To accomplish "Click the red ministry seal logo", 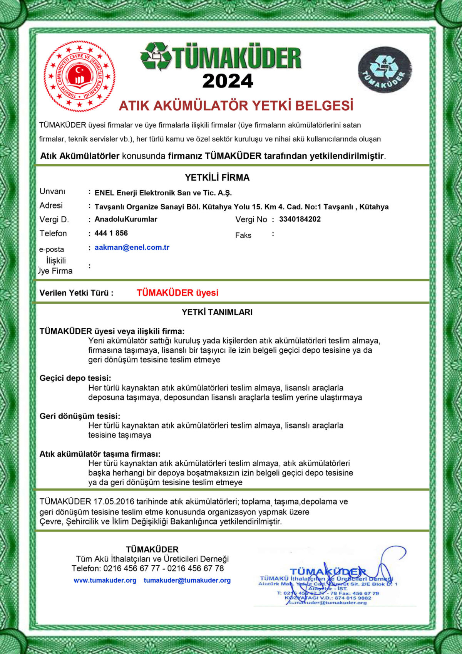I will tap(79, 77).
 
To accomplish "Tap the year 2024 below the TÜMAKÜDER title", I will tap(228, 81).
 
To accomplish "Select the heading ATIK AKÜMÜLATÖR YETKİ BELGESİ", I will tap(236, 106).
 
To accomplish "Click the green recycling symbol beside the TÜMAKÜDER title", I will tap(156, 57).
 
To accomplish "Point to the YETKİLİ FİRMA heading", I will tap(217, 178).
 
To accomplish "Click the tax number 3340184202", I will tap(300, 219).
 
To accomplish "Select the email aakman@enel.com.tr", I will tap(132, 247).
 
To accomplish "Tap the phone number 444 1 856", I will tap(111, 233).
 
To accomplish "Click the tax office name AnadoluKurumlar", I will tap(126, 219).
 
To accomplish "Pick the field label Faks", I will tap(243, 235).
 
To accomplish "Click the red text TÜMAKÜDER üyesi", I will tap(177, 293).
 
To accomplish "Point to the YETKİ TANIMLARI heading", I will tap(217, 312).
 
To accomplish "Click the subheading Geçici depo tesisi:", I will tap(75, 378).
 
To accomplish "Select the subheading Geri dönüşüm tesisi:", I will tap(80, 416).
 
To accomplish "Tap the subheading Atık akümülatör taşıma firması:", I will tap(100, 454).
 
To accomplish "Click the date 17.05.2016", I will tap(114, 502).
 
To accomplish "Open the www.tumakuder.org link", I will tap(105, 580).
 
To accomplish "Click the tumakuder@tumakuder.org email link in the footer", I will tap(187, 580).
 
